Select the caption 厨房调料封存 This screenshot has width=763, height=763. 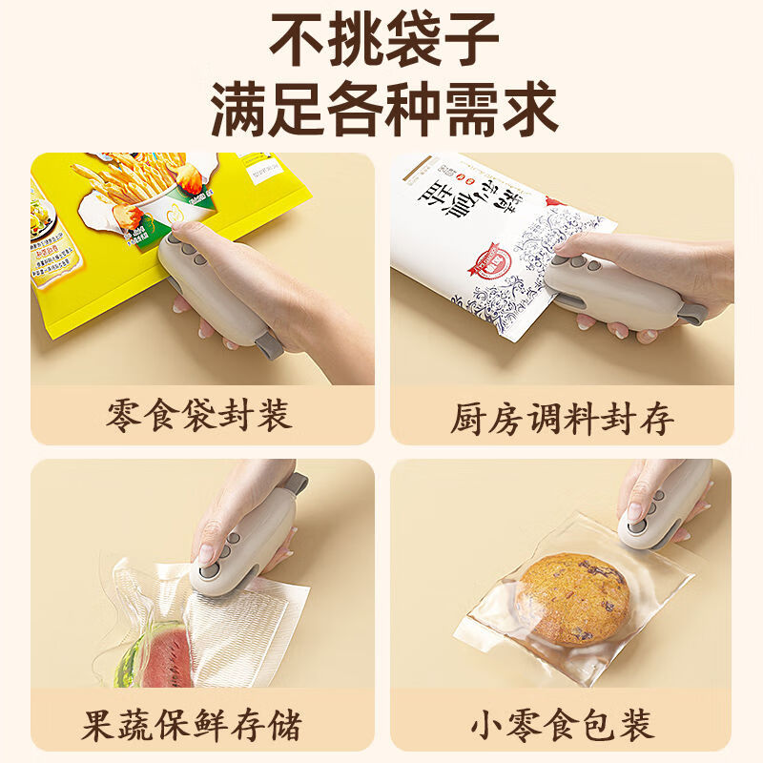pyautogui.click(x=563, y=417)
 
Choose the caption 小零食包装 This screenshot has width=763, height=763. pyautogui.click(x=563, y=724)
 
